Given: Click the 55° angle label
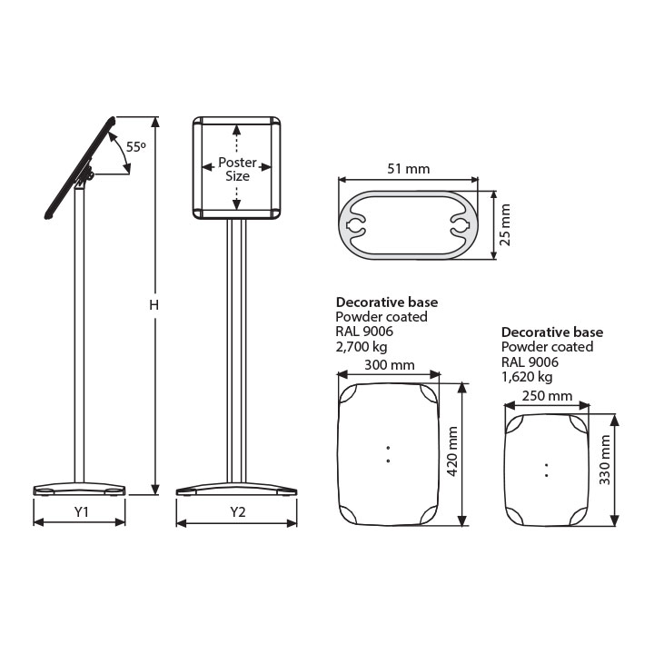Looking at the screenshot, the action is (136, 147).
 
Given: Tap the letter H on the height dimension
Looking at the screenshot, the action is (154, 305).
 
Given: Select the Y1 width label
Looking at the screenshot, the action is (82, 511).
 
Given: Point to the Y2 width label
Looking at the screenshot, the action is (238, 511).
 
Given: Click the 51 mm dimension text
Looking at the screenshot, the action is (409, 169).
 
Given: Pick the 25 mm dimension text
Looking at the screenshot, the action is (505, 225).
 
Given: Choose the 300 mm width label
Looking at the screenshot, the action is (390, 365).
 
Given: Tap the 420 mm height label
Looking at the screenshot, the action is (452, 451).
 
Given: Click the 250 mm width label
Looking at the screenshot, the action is (547, 395).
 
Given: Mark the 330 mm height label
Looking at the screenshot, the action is (605, 460).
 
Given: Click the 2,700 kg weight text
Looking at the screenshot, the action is (362, 347).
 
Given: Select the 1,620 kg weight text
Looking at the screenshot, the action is (527, 377).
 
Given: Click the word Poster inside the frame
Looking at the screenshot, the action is (237, 162).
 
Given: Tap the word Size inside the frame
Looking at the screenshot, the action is (237, 176).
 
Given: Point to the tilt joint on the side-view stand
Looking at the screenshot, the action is (88, 173).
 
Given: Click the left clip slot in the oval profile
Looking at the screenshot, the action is (354, 225).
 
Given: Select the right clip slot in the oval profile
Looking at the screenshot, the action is (461, 225).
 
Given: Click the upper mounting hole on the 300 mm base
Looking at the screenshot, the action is (389, 448).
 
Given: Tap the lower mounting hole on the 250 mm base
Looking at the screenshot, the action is (547, 475).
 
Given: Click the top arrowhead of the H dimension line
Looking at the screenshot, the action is (155, 122).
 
